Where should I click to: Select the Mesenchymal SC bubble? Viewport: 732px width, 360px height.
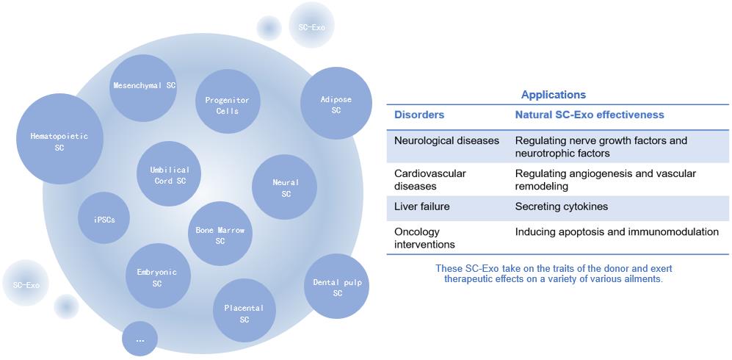[144, 87]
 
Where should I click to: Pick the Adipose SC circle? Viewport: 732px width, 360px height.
[336, 104]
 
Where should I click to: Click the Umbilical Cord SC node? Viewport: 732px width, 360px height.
[170, 175]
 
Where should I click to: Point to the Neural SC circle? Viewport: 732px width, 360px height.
[285, 187]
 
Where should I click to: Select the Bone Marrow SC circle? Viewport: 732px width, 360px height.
[220, 234]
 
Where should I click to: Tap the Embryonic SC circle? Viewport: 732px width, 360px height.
[157, 277]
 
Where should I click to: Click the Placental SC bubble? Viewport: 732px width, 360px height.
[244, 313]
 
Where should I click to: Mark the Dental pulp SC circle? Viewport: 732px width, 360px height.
[337, 287]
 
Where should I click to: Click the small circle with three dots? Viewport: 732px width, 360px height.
[140, 339]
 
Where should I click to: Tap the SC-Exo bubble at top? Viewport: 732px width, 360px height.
[312, 26]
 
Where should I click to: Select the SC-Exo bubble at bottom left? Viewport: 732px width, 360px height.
[26, 284]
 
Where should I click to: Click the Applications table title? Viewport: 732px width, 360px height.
[553, 95]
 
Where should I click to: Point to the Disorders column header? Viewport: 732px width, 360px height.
[419, 115]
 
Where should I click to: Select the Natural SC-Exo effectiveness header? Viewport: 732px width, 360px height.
[589, 115]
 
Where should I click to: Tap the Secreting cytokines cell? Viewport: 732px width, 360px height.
[561, 206]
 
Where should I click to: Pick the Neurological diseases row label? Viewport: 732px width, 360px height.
[446, 140]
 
